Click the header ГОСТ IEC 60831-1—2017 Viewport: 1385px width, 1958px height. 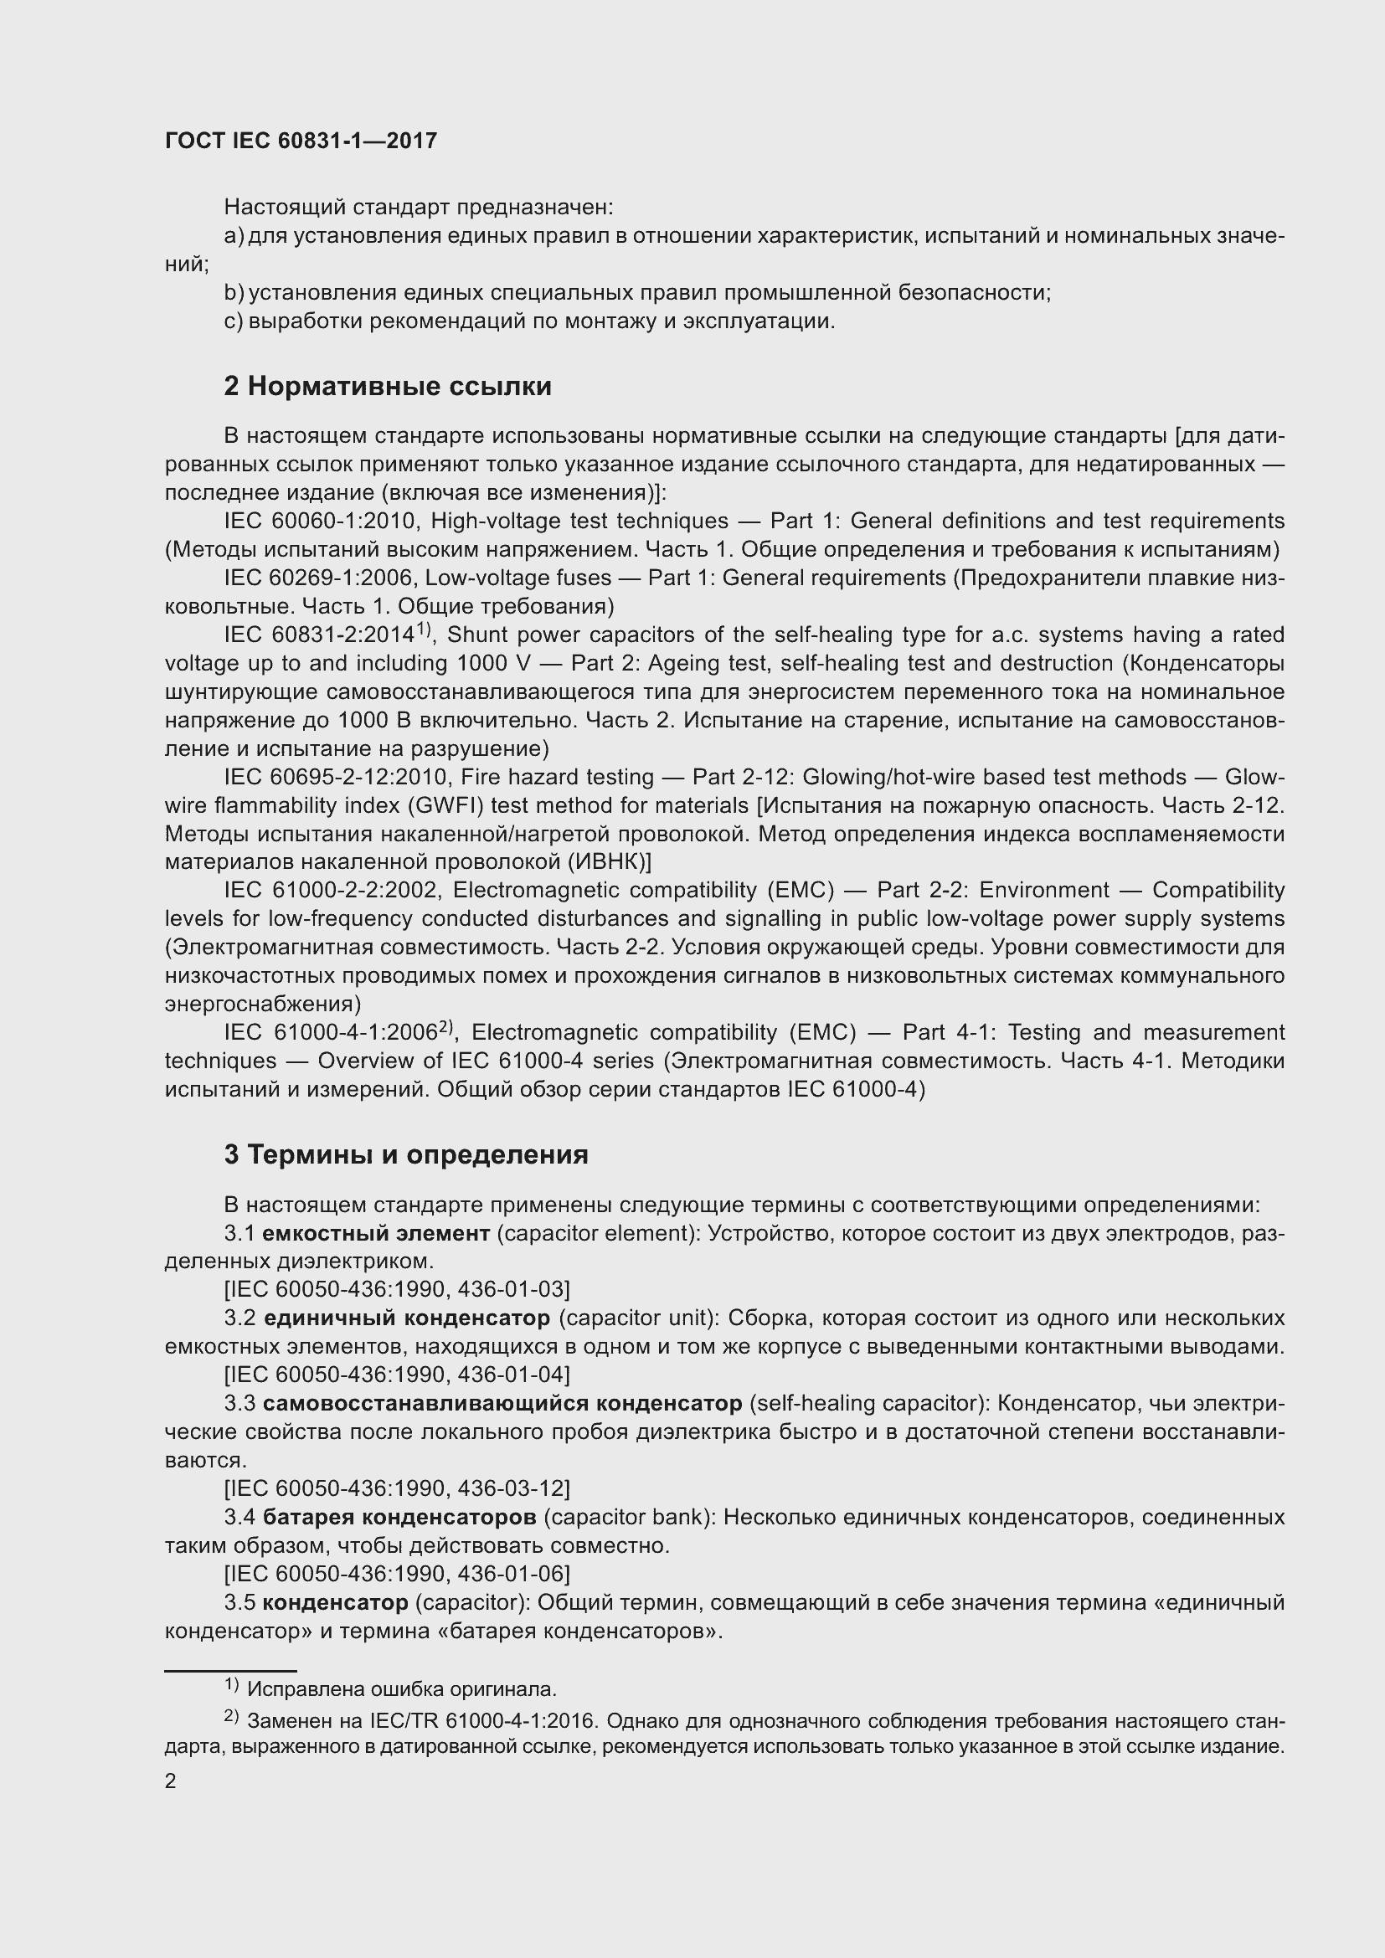pos(301,141)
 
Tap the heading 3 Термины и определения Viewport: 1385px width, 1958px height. pos(406,1154)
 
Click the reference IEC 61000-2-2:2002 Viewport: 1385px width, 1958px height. pos(332,891)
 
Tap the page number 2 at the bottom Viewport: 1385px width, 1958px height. pos(171,1781)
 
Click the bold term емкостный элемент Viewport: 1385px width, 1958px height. pos(376,1233)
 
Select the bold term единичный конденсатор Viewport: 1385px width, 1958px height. pos(407,1318)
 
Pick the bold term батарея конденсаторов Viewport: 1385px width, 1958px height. pos(399,1518)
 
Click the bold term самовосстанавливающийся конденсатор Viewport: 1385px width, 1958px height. pos(502,1404)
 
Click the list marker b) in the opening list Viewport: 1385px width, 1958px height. pos(233,293)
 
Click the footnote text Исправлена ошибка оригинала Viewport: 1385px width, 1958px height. pos(402,1689)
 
